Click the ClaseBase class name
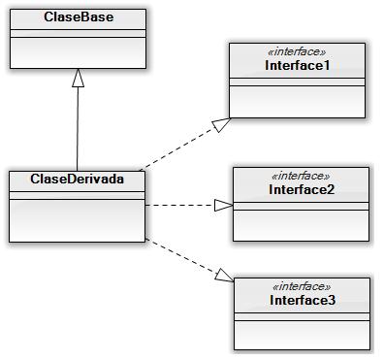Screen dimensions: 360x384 (77, 17)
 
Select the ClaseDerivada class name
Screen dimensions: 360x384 (77, 179)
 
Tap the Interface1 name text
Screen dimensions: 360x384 (299, 65)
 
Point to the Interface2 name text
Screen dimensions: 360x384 (302, 189)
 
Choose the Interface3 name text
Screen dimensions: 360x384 (302, 301)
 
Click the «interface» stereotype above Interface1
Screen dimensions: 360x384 (299, 52)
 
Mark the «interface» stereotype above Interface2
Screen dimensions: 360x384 (302, 176)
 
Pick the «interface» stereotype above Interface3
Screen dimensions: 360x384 (302, 287)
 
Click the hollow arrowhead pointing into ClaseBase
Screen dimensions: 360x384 (78, 81)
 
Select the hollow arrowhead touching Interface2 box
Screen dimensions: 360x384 (223, 205)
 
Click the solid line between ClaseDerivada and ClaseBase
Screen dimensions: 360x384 (78, 131)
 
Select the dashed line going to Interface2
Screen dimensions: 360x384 (179, 205)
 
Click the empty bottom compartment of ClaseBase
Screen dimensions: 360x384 (77, 54)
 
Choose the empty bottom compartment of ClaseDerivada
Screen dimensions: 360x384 (77, 221)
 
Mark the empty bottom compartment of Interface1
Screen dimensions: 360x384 (299, 100)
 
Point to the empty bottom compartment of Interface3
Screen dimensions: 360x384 (302, 334)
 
